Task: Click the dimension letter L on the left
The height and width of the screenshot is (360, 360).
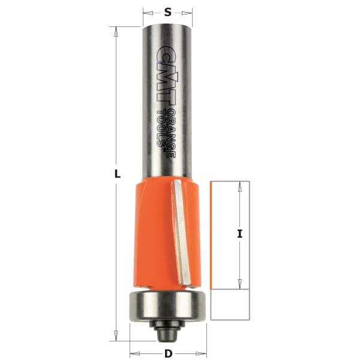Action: (118, 175)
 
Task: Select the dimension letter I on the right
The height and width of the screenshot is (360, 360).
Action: (239, 235)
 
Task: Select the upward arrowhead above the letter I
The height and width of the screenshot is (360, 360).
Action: (239, 186)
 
